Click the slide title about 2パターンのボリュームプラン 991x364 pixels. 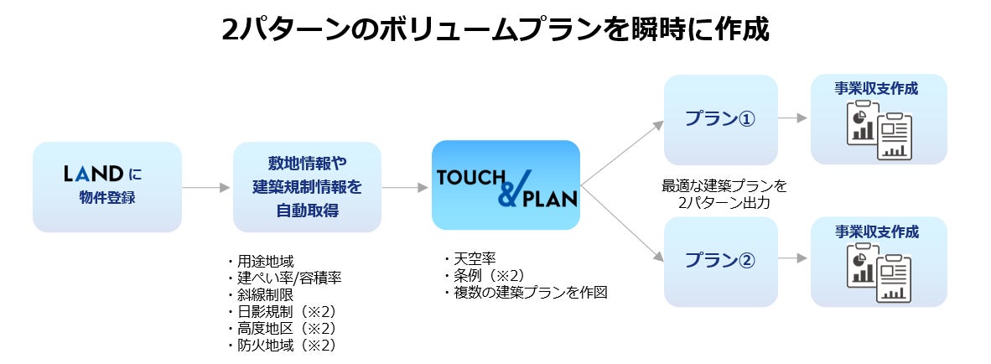[495, 30]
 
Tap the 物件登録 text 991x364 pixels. [106, 199]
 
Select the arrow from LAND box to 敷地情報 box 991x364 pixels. [206, 187]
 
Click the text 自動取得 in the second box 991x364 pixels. [307, 211]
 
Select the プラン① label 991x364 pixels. [720, 119]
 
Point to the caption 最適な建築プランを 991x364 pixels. [724, 186]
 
